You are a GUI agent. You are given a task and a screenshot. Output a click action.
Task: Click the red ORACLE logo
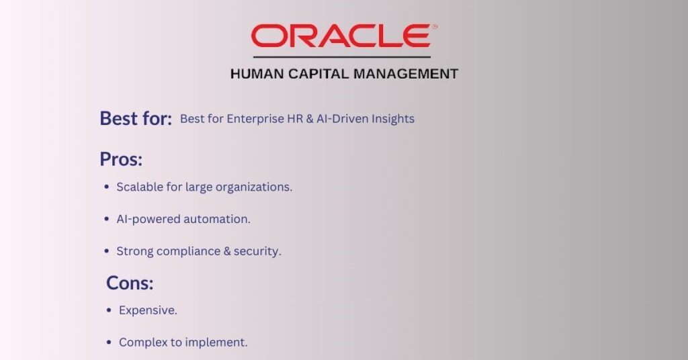coord(341,36)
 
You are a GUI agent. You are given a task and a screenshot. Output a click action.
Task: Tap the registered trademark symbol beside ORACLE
coord(435,27)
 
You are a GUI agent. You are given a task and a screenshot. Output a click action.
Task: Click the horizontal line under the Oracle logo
coord(342,57)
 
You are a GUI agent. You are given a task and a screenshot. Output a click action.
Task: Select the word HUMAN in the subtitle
coord(257,74)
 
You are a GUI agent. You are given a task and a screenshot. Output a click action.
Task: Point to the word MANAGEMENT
coord(406,74)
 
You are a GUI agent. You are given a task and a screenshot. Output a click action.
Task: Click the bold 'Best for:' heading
coord(136,118)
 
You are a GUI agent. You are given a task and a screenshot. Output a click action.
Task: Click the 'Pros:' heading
coord(121,159)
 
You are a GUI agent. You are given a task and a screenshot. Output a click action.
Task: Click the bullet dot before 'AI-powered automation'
coord(107,219)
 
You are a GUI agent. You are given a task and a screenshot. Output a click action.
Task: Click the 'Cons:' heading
coord(130,283)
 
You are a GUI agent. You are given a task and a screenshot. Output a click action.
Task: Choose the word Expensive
coord(148,310)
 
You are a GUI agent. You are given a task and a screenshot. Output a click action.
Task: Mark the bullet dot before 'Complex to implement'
coord(110,343)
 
